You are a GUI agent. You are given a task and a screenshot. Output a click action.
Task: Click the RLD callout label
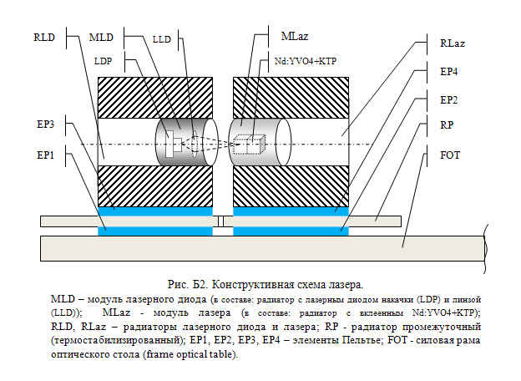click(x=44, y=38)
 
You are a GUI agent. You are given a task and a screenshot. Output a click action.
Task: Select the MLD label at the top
click(x=101, y=38)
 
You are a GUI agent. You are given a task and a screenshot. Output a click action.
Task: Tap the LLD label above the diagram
click(x=161, y=39)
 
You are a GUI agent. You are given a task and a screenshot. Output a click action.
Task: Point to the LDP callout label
click(x=103, y=62)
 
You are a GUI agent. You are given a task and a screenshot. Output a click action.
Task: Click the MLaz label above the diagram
click(x=295, y=36)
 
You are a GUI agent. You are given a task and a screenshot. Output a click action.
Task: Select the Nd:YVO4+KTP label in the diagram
click(x=306, y=62)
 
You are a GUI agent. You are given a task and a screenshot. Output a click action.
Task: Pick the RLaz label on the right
click(x=453, y=43)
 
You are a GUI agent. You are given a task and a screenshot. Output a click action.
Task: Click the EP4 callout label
click(x=448, y=72)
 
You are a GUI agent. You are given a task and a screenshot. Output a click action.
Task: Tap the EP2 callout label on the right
click(x=448, y=100)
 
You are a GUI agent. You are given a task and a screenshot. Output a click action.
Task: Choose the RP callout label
click(x=447, y=125)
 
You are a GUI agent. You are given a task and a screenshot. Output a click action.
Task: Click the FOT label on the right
click(x=450, y=155)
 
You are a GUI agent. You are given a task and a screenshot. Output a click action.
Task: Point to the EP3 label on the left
click(x=46, y=124)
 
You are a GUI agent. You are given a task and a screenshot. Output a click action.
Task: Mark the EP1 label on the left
click(x=46, y=155)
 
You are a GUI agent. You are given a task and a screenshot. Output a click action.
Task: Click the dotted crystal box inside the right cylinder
click(x=249, y=145)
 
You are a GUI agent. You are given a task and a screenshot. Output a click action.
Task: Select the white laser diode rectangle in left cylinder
click(x=169, y=144)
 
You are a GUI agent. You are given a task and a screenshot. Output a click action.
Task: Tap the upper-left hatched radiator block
click(x=155, y=98)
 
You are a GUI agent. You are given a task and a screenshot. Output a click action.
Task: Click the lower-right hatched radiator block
click(x=291, y=186)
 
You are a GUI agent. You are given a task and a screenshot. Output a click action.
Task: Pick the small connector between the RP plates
click(x=220, y=221)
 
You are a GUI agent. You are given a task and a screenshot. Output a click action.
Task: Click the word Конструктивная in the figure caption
click(x=253, y=285)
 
